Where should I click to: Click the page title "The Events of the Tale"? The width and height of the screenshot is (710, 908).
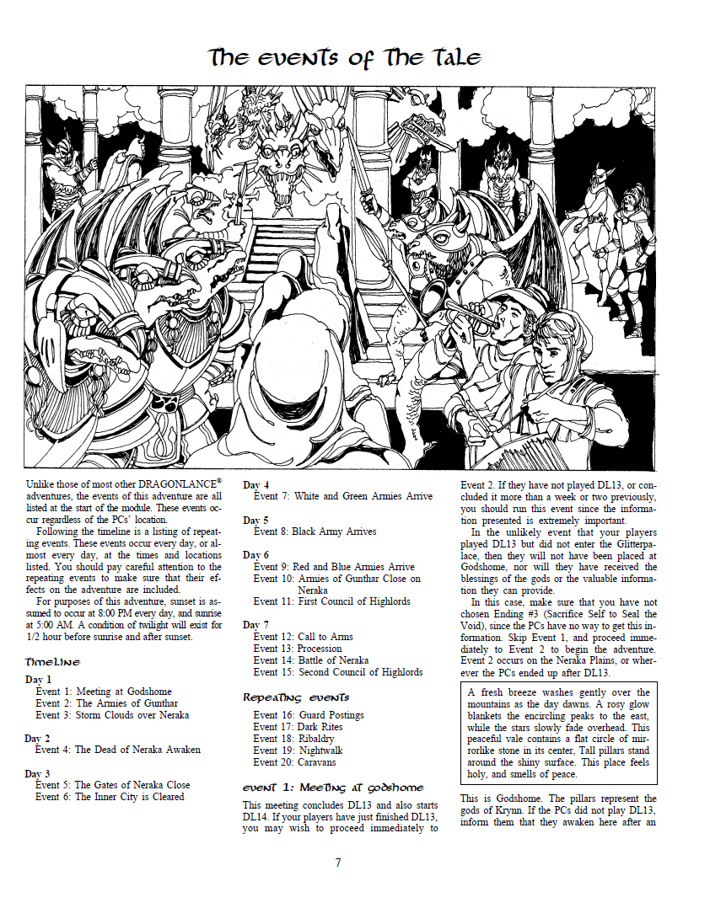(x=346, y=57)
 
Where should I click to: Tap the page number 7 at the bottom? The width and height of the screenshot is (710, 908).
(x=337, y=862)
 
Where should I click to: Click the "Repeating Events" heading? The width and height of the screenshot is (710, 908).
(x=296, y=697)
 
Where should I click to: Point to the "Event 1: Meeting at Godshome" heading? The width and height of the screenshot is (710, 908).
(x=333, y=788)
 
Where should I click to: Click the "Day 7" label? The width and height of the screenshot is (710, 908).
(x=256, y=625)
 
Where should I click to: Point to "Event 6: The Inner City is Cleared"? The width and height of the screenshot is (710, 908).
(x=110, y=796)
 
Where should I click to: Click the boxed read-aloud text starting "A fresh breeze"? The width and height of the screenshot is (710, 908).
(x=559, y=733)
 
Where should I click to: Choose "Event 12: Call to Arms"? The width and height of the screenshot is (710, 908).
(x=304, y=637)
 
